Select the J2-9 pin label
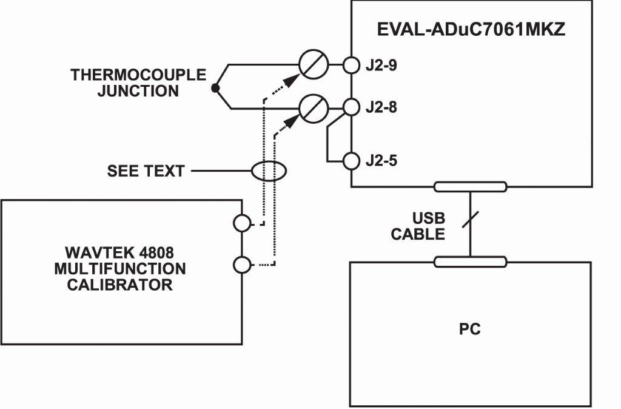tap(381, 64)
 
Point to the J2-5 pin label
tap(381, 161)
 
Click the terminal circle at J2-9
tap(352, 64)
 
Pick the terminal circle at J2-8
tap(352, 107)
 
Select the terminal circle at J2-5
tap(352, 161)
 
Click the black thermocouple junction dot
tap(215, 89)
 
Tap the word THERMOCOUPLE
tap(138, 75)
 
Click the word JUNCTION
tap(138, 92)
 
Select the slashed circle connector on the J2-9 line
tap(313, 64)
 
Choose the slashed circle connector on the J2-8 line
tap(313, 107)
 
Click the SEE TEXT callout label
tap(146, 171)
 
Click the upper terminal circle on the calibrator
tap(241, 223)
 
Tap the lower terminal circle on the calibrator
tap(241, 265)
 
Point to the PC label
tap(470, 330)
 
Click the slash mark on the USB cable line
tap(471, 220)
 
